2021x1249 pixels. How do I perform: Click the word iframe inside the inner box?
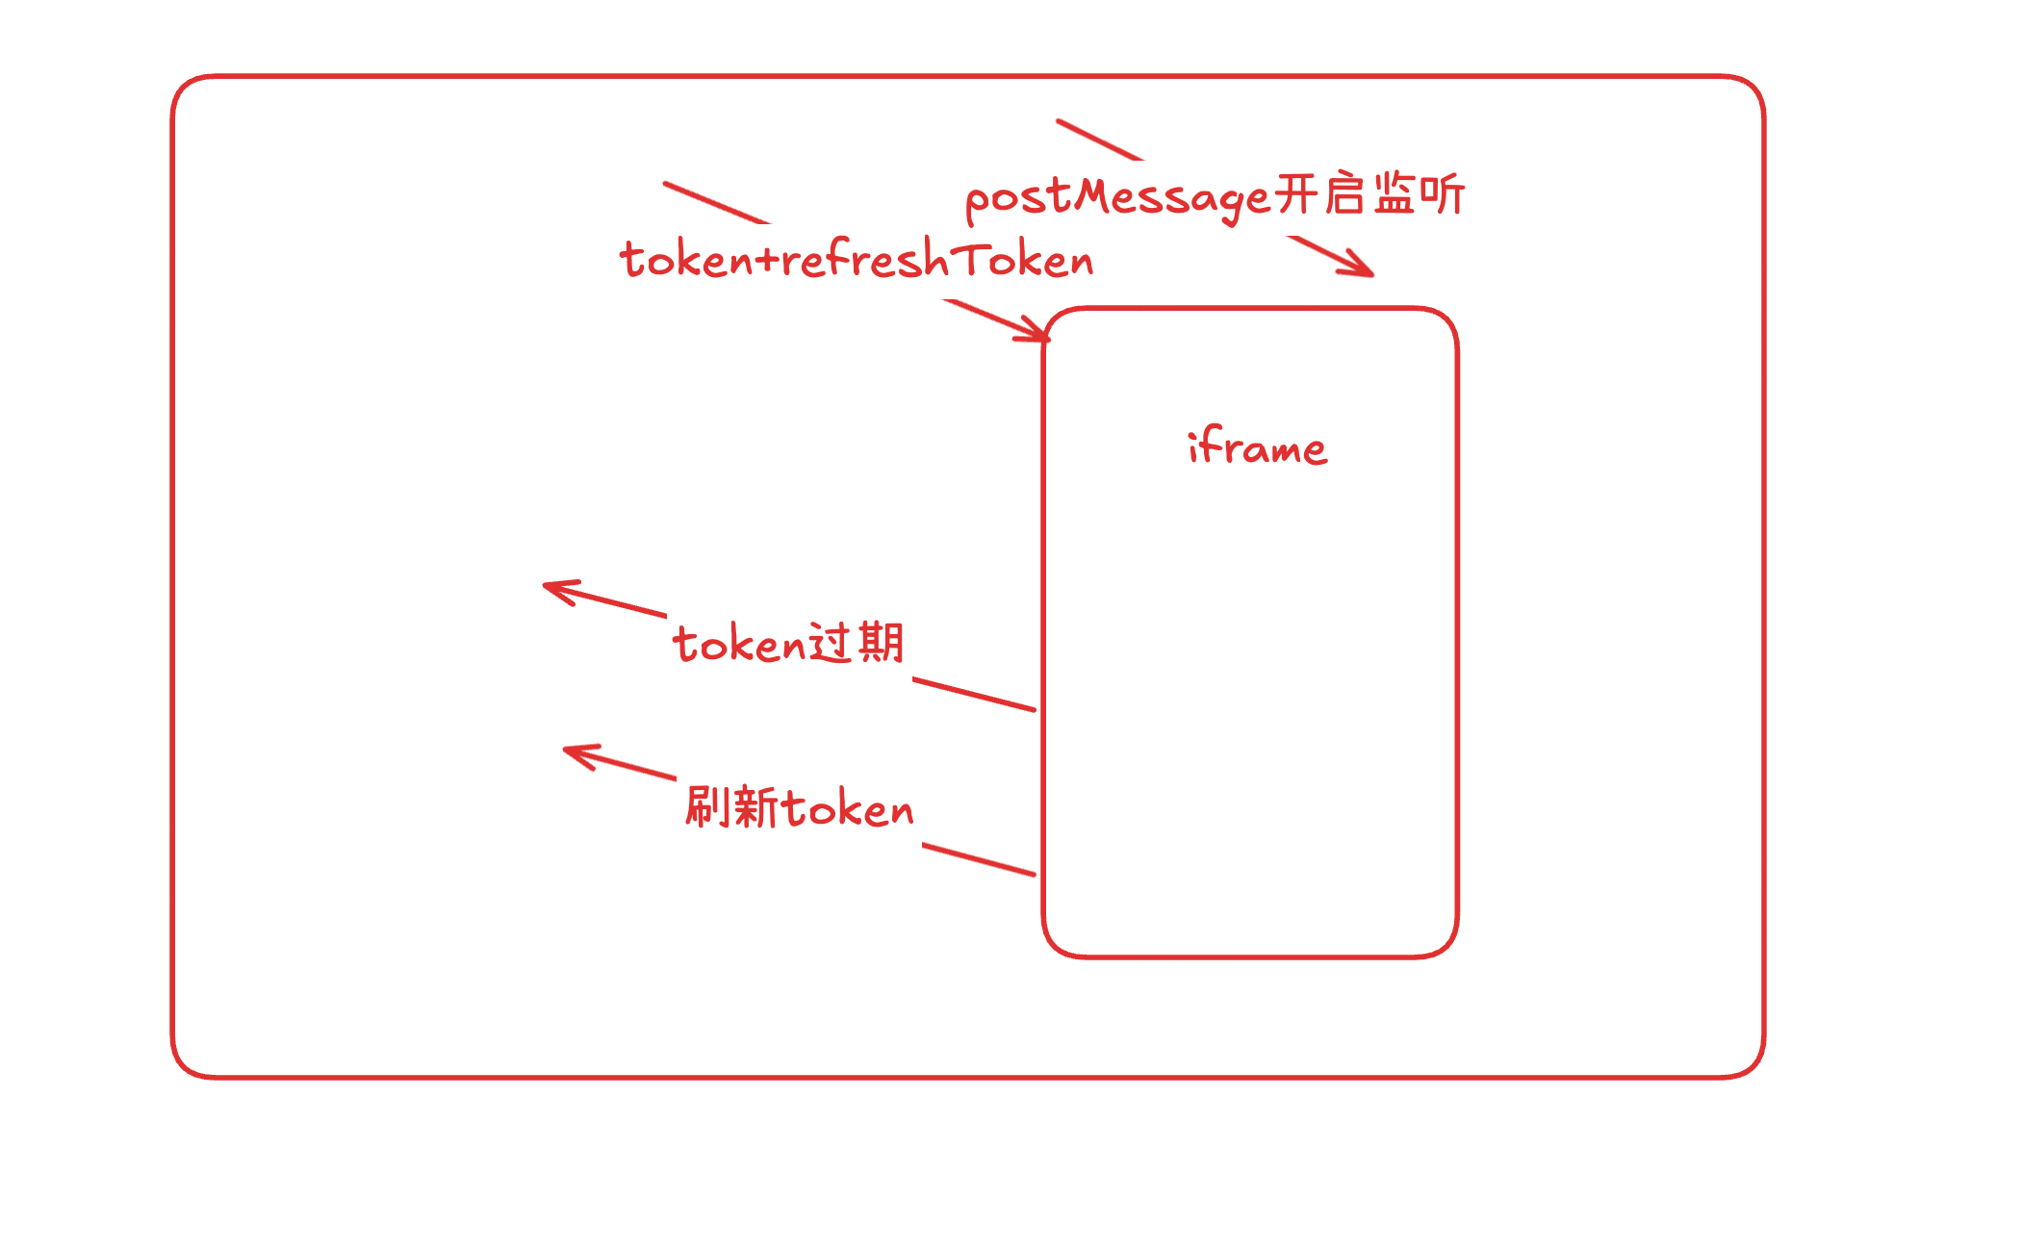click(x=1257, y=447)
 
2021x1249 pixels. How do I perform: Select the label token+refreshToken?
click(x=857, y=260)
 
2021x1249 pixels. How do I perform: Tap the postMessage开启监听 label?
click(x=1215, y=197)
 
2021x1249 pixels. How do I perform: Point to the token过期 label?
click(x=788, y=643)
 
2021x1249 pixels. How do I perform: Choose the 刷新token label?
click(x=799, y=807)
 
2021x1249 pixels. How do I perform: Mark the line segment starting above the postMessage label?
click(x=1099, y=140)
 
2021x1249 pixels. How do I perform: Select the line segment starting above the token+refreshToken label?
click(x=716, y=203)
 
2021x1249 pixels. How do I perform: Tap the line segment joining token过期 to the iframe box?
click(x=973, y=695)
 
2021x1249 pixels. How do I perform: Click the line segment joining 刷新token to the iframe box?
click(x=978, y=859)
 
